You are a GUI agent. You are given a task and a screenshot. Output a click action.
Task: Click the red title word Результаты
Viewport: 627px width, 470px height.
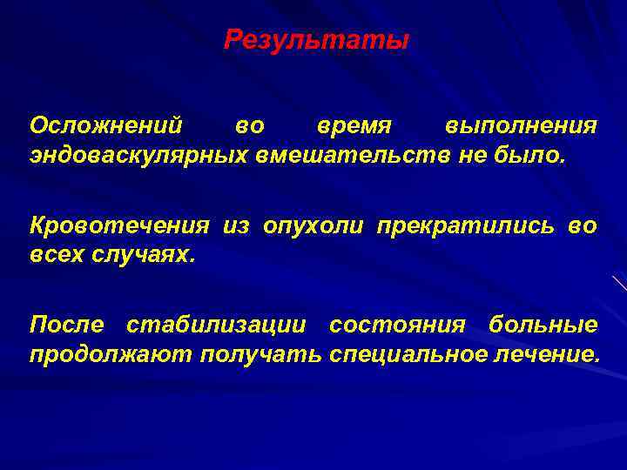coord(315,40)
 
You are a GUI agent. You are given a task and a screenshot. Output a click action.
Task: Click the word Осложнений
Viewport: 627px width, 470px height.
coord(106,125)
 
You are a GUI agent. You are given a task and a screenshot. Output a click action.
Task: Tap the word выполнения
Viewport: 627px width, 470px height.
coord(521,125)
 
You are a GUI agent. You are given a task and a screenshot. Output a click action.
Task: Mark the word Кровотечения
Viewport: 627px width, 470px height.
coord(119,226)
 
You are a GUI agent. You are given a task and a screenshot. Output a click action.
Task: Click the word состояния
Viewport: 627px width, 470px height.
coord(397,326)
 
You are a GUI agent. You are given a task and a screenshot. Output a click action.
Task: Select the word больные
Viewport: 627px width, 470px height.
coord(543,326)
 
